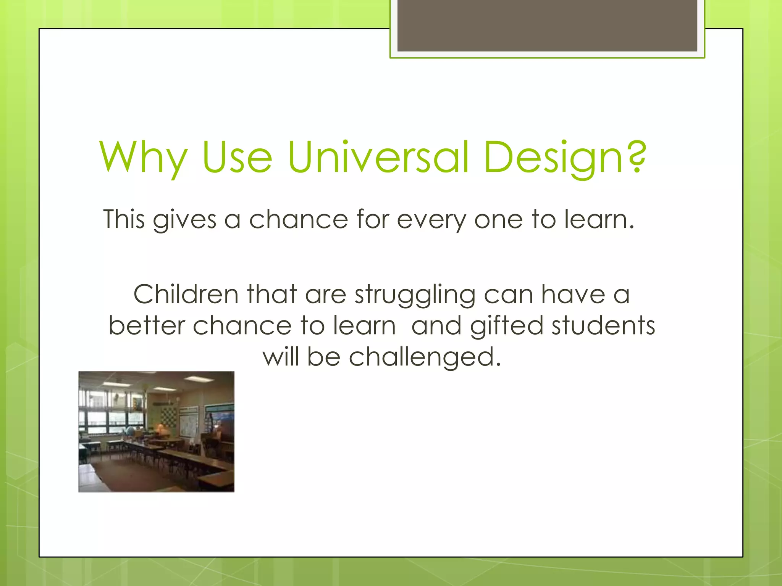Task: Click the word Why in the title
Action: coord(143,157)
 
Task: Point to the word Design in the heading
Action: coord(554,157)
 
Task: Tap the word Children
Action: coord(186,294)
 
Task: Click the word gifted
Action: coord(507,326)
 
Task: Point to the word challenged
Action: coord(424,358)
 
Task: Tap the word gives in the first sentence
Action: coord(184,221)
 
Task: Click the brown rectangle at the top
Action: coord(547,25)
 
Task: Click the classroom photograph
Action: coord(156,431)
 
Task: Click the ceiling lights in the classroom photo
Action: coord(197,379)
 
